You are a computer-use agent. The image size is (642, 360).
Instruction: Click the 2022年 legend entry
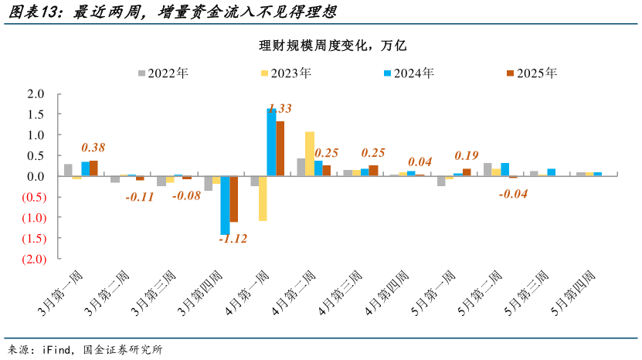[163, 73]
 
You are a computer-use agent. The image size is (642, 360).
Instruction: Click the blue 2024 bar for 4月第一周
[271, 142]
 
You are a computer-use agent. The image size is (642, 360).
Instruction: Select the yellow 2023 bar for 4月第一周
[263, 199]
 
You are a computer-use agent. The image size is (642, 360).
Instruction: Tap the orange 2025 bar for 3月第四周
[234, 199]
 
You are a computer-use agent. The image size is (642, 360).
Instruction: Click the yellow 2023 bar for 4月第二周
[309, 154]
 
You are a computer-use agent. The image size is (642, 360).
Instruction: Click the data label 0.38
[93, 148]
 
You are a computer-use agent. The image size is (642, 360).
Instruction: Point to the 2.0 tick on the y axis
[36, 94]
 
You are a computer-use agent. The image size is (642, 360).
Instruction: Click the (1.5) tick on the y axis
[32, 238]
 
